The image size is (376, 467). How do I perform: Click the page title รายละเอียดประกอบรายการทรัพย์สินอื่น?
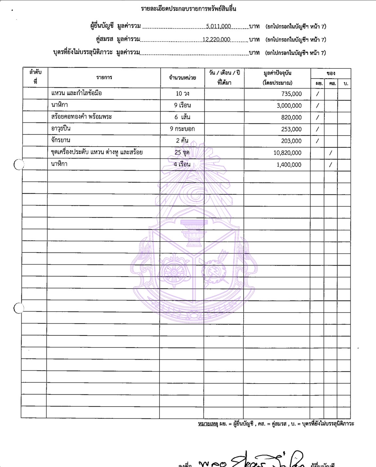pos(188,9)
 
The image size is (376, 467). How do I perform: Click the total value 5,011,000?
pos(218,27)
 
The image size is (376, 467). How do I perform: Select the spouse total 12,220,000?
pos(216,40)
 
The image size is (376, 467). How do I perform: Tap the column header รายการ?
pos(104,78)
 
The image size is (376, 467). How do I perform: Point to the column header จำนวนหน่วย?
pos(182,78)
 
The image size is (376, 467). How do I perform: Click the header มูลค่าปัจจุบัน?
pos(277,73)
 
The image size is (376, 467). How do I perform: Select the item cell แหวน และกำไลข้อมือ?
pos(77,93)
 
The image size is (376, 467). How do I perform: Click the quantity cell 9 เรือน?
pos(182,105)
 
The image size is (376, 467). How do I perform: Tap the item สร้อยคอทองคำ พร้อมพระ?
pos(82,117)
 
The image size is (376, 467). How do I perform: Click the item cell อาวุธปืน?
pos(61,129)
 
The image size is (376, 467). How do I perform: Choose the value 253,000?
pos(291,129)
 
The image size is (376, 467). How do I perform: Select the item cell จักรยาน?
pos(61,140)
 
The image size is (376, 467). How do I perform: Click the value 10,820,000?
pos(287,153)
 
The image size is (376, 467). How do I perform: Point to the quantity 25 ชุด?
pos(182,152)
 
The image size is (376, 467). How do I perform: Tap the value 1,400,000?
pos(289,165)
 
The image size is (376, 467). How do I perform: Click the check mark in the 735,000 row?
pos(317,94)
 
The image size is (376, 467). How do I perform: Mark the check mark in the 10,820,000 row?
pos(331,153)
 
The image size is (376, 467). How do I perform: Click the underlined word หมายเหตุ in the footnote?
pos(208,424)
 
